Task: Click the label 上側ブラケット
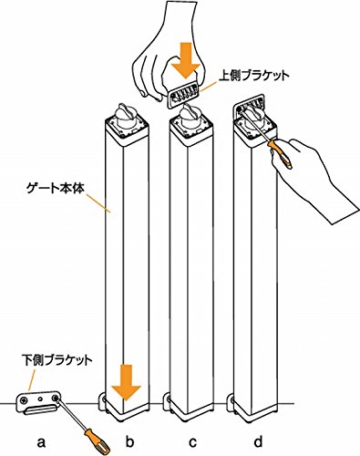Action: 253,76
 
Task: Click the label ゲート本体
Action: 55,189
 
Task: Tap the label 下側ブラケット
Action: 57,360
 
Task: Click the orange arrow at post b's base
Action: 126,383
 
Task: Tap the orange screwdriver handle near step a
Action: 97,441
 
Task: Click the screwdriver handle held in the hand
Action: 280,153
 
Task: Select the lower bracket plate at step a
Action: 37,402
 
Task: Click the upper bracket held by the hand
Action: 183,97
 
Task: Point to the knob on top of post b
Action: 127,116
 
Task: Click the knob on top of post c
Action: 190,116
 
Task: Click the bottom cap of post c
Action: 190,411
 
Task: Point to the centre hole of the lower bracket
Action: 40,399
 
